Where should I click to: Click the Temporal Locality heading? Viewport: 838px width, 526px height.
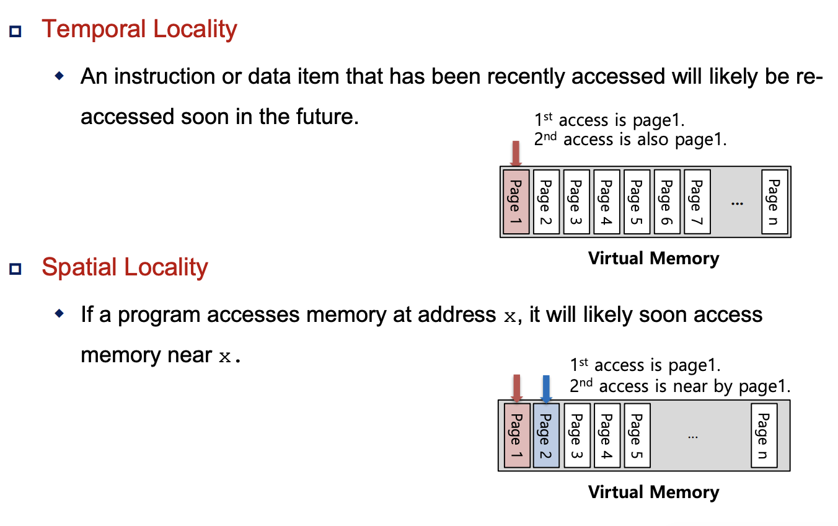139,30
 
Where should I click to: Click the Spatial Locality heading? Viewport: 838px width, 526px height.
125,267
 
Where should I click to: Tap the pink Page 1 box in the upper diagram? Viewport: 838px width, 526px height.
516,202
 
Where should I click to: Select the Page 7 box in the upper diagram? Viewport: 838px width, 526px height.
697,202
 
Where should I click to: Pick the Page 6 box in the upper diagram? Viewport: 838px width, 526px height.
666,202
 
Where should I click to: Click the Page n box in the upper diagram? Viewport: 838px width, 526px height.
774,202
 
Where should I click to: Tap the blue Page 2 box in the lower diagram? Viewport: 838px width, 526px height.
545,435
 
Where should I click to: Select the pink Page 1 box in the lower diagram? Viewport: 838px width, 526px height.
516,435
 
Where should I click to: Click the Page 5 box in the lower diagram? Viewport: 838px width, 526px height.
637,435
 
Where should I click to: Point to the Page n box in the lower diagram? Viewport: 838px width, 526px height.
764,435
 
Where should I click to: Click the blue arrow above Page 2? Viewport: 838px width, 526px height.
546,388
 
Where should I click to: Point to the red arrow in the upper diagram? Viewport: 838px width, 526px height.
516,154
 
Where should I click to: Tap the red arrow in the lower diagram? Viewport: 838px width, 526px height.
516,388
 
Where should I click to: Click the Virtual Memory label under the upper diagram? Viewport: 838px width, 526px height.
653,258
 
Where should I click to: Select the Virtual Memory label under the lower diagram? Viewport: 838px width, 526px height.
653,493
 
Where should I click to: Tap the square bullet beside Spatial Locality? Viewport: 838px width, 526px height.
15,269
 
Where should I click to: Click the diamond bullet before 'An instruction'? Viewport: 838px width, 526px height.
60,76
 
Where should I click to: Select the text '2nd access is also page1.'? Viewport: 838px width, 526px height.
630,140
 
